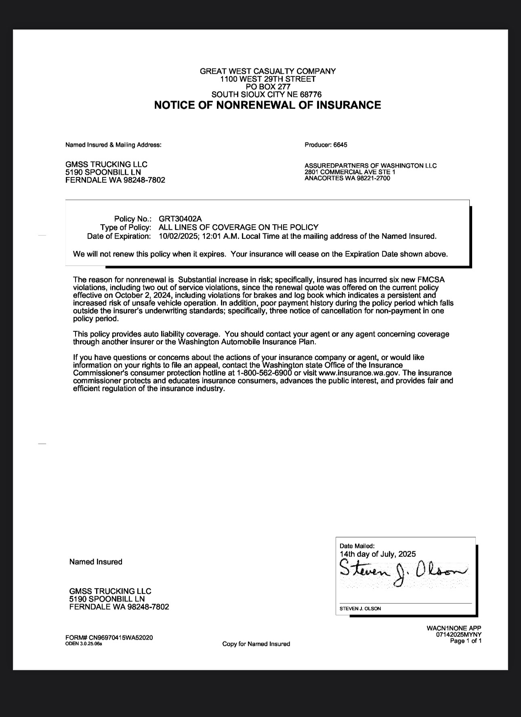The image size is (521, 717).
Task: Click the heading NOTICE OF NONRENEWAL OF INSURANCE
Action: point(267,105)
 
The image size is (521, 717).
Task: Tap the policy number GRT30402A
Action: point(180,219)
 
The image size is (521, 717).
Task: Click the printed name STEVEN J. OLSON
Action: point(360,608)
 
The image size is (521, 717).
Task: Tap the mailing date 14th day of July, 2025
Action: point(377,554)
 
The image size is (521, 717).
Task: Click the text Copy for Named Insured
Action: point(256,644)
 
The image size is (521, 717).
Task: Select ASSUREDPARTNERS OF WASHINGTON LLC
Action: point(370,166)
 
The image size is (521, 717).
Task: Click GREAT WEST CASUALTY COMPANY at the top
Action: point(267,71)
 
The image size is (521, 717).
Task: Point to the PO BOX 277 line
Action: point(267,86)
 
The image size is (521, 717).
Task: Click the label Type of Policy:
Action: point(126,227)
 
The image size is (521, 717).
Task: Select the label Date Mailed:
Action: point(357,546)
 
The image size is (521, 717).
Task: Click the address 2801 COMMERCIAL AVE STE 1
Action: point(350,172)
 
